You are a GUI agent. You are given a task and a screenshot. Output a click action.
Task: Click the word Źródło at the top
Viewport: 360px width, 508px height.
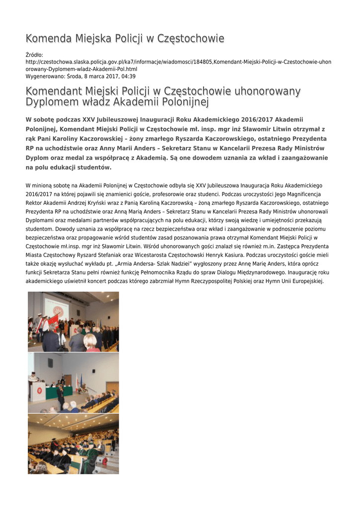34,55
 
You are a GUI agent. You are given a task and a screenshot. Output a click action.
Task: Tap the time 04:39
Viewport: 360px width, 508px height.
129,76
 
